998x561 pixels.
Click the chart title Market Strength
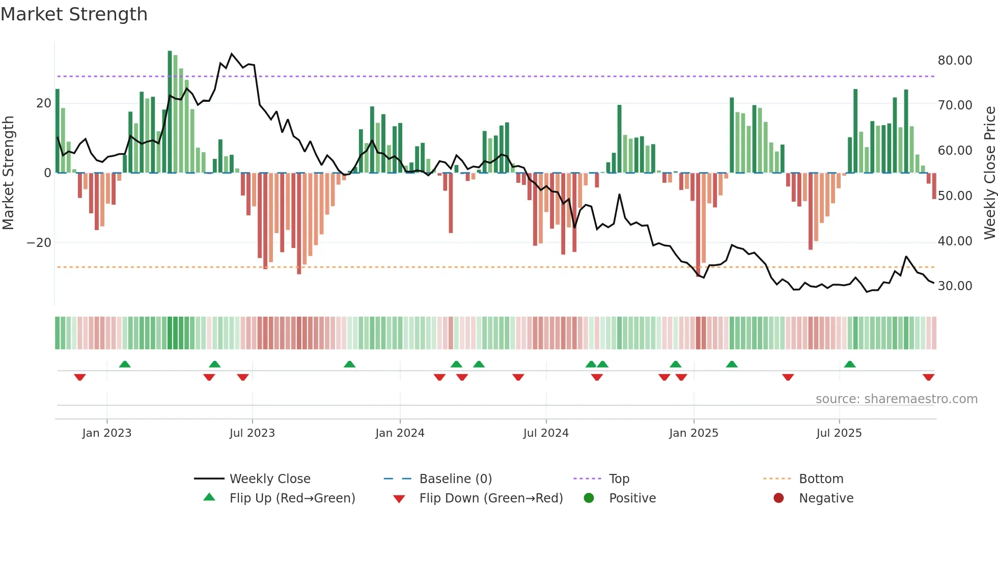point(74,14)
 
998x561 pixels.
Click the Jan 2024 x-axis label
point(400,433)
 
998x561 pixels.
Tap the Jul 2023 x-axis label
point(252,433)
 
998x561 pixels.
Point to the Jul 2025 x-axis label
point(839,433)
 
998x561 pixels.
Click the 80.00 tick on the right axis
point(955,60)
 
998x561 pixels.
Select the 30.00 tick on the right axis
point(955,286)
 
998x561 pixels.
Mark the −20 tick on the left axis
point(39,242)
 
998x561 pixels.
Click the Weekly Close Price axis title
point(989,173)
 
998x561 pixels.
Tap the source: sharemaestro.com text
point(896,399)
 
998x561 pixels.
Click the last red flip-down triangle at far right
point(928,377)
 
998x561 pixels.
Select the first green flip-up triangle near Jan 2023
point(125,364)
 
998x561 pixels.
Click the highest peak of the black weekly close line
point(232,53)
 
